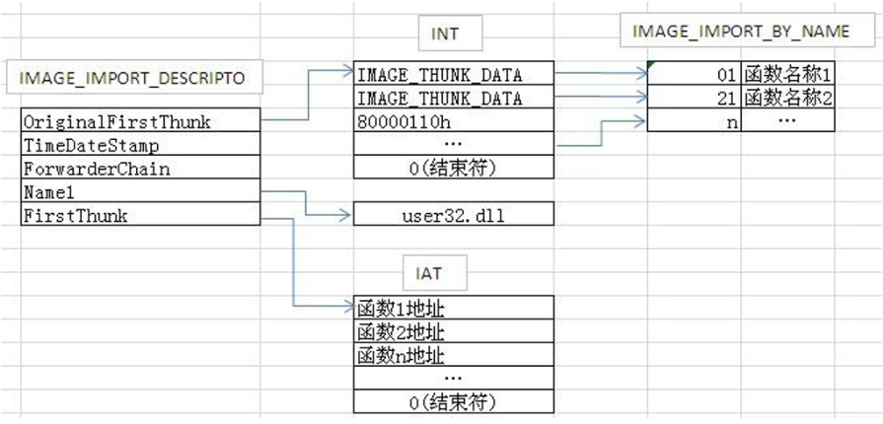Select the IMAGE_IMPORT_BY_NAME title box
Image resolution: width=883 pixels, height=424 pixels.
click(741, 31)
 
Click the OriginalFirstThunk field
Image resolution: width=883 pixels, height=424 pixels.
click(140, 121)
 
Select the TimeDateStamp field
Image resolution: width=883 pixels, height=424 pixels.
click(140, 145)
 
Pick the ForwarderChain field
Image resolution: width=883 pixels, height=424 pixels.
click(140, 169)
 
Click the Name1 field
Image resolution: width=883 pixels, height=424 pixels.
click(140, 192)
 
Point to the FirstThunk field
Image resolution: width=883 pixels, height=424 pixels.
click(140, 216)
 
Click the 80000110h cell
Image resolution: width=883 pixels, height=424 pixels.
click(453, 122)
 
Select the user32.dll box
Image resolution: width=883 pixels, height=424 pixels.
click(453, 214)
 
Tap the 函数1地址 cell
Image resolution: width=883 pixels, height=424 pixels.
click(453, 309)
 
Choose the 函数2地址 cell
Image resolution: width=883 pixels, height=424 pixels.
click(453, 332)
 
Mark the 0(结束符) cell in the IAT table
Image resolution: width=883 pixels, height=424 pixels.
click(453, 402)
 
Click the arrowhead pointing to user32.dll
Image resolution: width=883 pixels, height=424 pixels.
click(345, 214)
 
